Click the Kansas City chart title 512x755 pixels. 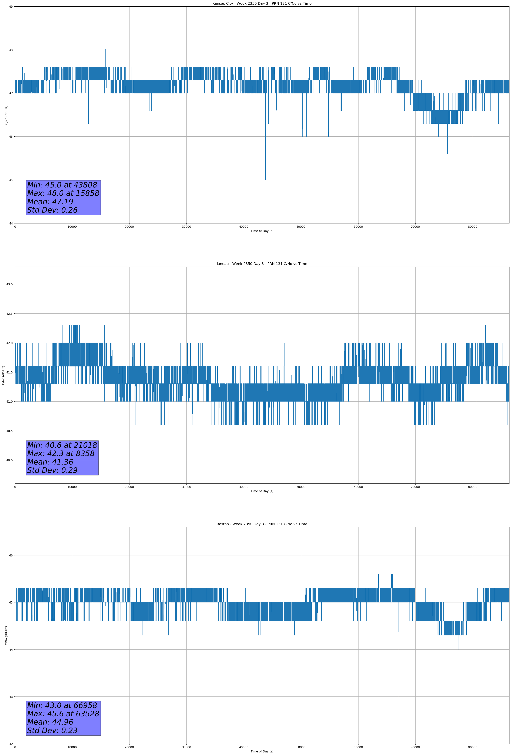point(262,4)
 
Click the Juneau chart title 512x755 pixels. point(262,264)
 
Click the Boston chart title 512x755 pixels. point(262,524)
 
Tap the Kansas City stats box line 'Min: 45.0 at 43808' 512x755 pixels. point(62,185)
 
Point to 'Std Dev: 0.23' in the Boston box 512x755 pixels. point(52,731)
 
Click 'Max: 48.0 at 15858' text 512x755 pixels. point(63,193)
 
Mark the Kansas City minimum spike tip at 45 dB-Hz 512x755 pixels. point(266,179)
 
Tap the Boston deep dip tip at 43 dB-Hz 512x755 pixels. point(398,696)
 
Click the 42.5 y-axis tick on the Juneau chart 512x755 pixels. point(9,313)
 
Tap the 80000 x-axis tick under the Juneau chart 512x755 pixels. point(472,487)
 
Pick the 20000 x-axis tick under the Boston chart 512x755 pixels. point(129,747)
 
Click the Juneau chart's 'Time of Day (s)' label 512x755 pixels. point(262,491)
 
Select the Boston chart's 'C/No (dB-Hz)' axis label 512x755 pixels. point(6,635)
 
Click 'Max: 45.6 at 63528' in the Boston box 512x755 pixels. point(63,714)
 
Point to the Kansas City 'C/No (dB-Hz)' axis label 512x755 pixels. point(6,115)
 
